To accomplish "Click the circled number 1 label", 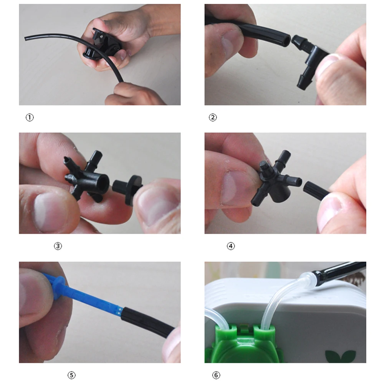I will (30, 118).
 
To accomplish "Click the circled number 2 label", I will (213, 118).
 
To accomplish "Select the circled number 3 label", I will (58, 246).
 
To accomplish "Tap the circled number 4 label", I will (231, 246).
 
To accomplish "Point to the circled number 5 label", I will (71, 375).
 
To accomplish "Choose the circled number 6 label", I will (216, 375).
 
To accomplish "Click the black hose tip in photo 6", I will (338, 271).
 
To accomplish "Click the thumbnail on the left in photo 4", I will (234, 188).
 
